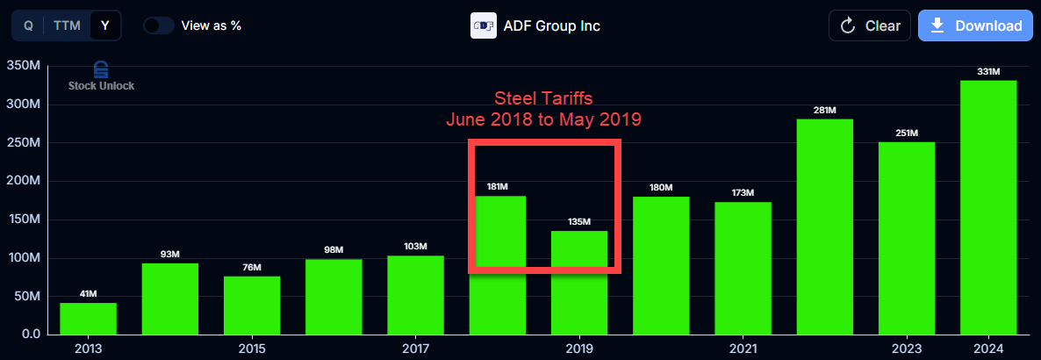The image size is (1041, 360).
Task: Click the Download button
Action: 974,25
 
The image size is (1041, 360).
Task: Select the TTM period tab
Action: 67,25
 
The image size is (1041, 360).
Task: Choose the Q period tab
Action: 28,25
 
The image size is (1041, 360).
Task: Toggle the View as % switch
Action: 158,25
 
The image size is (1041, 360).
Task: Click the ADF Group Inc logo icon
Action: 484,25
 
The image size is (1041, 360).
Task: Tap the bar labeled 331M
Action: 988,207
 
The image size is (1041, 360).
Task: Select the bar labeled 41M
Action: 88,318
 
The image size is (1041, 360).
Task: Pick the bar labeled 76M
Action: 252,305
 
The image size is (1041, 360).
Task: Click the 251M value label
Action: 907,133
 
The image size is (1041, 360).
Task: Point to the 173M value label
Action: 743,192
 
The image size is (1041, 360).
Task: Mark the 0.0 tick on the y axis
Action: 31,335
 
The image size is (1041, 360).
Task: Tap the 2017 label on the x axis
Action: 415,349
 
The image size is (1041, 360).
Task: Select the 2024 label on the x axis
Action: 988,349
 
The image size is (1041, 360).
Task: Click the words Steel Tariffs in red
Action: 543,97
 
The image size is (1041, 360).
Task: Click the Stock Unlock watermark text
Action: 101,86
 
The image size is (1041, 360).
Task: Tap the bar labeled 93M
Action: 170,299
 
